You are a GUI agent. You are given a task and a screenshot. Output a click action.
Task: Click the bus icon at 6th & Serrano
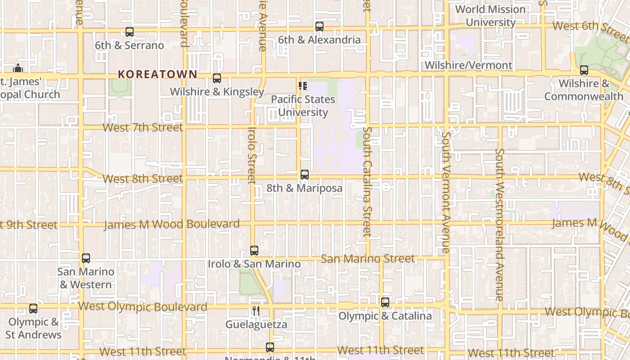tap(130, 32)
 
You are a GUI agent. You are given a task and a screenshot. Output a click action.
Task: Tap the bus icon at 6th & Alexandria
tap(319, 27)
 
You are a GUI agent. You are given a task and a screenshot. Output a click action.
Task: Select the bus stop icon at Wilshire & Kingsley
tap(217, 78)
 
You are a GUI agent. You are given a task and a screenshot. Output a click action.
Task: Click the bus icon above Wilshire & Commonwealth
tap(584, 70)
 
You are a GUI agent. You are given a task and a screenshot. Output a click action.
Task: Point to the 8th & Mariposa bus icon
tap(305, 175)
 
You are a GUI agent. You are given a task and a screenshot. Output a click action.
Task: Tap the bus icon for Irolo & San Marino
tap(254, 251)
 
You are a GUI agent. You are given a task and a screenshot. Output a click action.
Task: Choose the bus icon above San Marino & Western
tap(86, 258)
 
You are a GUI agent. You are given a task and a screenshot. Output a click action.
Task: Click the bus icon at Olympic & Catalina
tap(385, 302)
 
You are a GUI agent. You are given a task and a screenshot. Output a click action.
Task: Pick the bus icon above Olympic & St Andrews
tap(33, 309)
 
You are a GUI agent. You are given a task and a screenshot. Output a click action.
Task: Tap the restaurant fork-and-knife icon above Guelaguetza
tap(256, 311)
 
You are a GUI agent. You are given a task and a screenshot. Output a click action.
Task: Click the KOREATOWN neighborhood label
tap(157, 74)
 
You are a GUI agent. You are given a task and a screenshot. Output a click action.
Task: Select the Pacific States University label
tap(303, 106)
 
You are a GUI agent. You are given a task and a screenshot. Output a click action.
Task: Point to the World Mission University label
tap(490, 16)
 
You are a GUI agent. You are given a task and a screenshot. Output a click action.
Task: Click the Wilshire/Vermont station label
tap(468, 65)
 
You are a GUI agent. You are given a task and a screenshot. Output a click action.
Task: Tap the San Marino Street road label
tap(368, 259)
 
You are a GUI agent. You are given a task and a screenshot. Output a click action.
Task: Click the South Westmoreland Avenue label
tap(499, 225)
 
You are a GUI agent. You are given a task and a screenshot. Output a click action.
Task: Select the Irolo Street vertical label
tap(252, 156)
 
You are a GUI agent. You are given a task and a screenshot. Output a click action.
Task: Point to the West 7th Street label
tap(143, 127)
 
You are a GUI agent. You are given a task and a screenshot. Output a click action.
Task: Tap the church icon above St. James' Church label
tap(18, 68)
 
